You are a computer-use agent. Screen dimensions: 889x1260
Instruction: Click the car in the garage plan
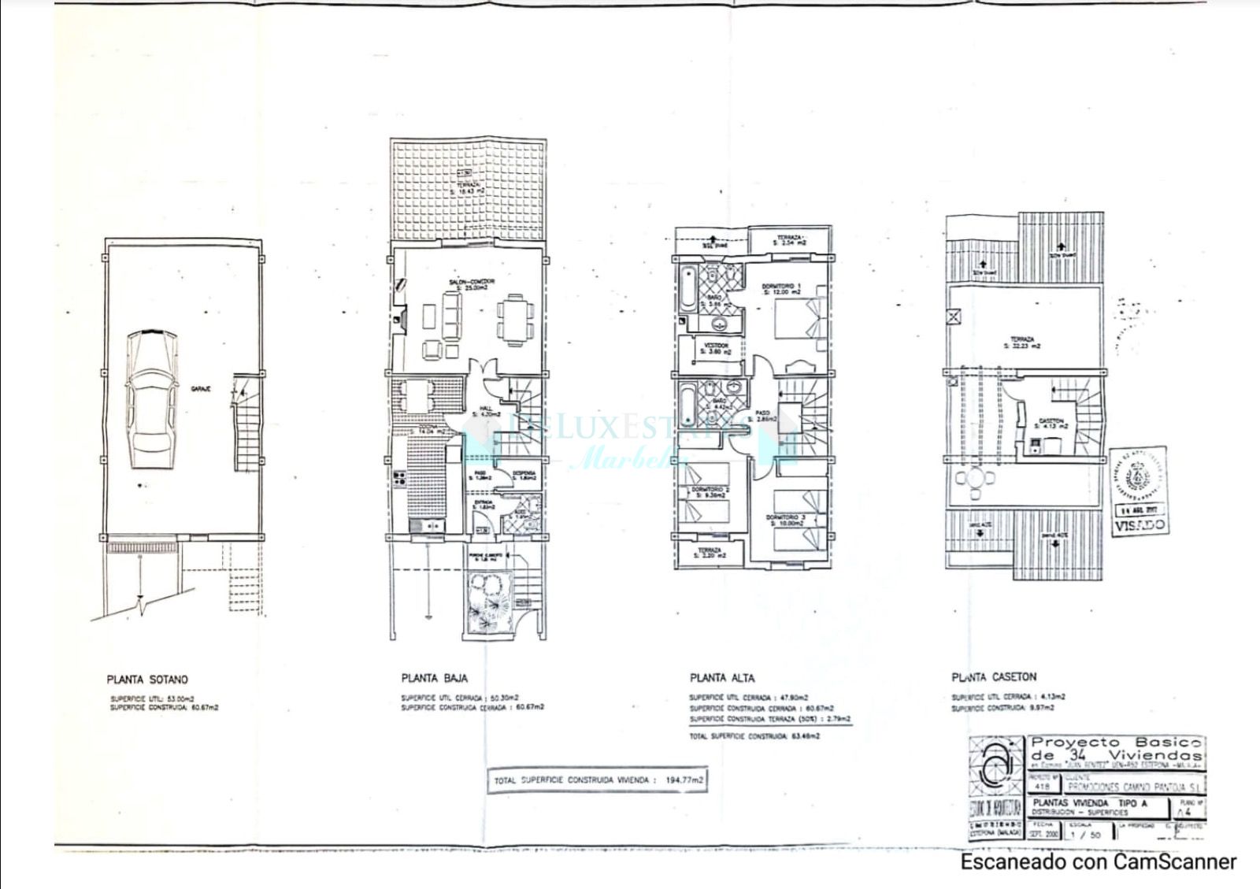(152, 399)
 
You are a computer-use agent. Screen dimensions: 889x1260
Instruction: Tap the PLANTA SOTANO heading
(147, 679)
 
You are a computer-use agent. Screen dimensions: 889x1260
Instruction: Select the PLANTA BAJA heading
(434, 678)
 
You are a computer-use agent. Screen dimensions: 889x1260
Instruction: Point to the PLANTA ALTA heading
(721, 678)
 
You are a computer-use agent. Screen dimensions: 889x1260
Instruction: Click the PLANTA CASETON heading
(994, 677)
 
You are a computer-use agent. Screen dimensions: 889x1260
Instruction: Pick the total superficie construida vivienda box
(597, 780)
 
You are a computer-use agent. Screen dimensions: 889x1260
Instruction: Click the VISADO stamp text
(1140, 526)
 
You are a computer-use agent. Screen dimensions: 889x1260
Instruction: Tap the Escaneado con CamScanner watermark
(1098, 862)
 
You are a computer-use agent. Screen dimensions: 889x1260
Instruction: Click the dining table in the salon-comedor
(513, 319)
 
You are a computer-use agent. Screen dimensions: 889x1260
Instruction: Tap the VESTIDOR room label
(716, 348)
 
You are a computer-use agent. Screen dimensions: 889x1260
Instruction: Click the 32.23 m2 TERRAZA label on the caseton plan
(1024, 343)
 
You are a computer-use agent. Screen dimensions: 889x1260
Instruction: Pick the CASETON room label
(1051, 422)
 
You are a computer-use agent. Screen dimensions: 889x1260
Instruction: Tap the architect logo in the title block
(995, 767)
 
